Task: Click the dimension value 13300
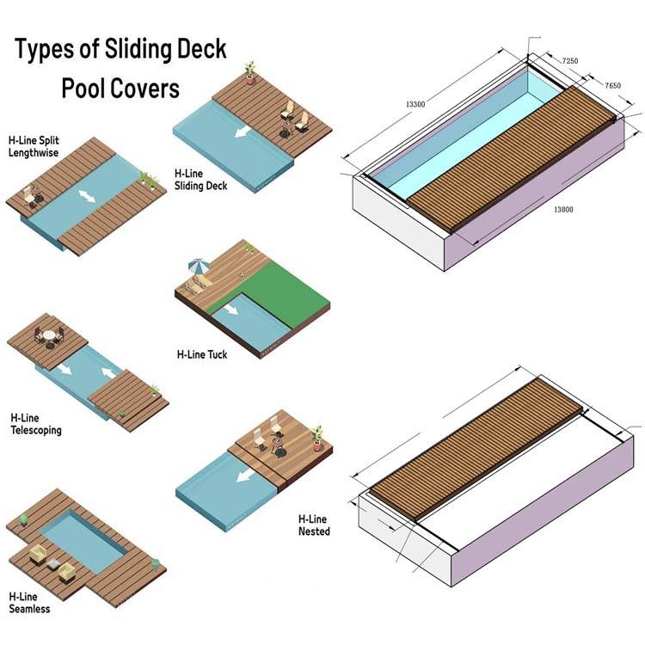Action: [x=415, y=104]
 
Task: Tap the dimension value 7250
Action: [x=569, y=61]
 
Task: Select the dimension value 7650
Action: [x=612, y=85]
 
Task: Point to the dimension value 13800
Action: [x=563, y=209]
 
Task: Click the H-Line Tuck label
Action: [x=202, y=354]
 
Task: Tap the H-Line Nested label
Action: [x=314, y=525]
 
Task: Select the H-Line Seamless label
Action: [x=29, y=602]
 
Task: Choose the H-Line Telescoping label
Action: [x=36, y=424]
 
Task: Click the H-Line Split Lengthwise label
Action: [x=34, y=146]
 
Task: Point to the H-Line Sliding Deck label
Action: [x=200, y=180]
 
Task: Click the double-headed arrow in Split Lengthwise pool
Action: [x=87, y=196]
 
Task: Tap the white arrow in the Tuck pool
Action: [x=230, y=309]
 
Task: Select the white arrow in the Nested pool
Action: [x=245, y=476]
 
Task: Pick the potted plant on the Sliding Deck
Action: [x=249, y=72]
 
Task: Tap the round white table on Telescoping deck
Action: [x=49, y=335]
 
